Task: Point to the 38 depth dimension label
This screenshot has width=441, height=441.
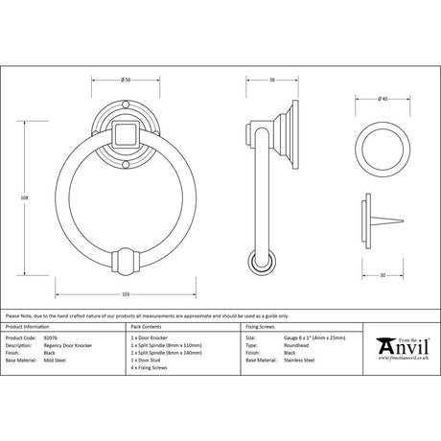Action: tap(272, 80)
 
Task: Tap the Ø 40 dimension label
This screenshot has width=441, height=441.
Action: tap(383, 99)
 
